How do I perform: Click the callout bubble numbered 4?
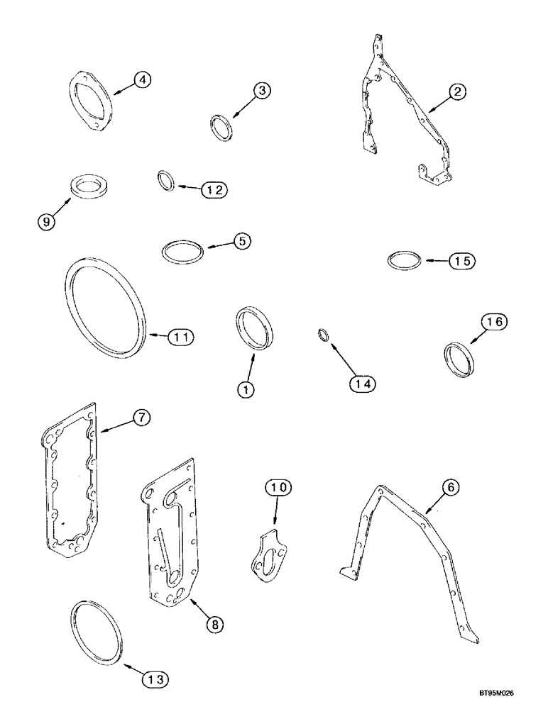tap(143, 81)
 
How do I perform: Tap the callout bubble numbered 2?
tap(458, 91)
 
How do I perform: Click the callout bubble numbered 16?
tap(494, 323)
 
